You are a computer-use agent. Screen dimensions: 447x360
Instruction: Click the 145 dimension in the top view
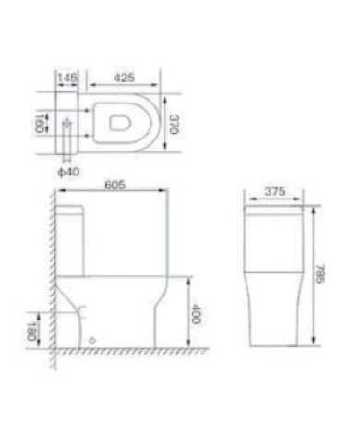(x=66, y=78)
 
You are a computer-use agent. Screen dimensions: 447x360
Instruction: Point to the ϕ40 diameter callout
(x=66, y=170)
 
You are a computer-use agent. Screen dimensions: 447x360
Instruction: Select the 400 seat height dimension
(x=195, y=313)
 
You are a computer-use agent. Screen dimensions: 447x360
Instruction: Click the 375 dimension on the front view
(x=273, y=193)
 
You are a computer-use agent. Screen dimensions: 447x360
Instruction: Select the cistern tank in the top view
(x=67, y=121)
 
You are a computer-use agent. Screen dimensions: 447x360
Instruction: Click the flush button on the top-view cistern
(x=66, y=121)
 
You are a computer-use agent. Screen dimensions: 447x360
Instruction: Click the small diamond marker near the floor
(x=92, y=340)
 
